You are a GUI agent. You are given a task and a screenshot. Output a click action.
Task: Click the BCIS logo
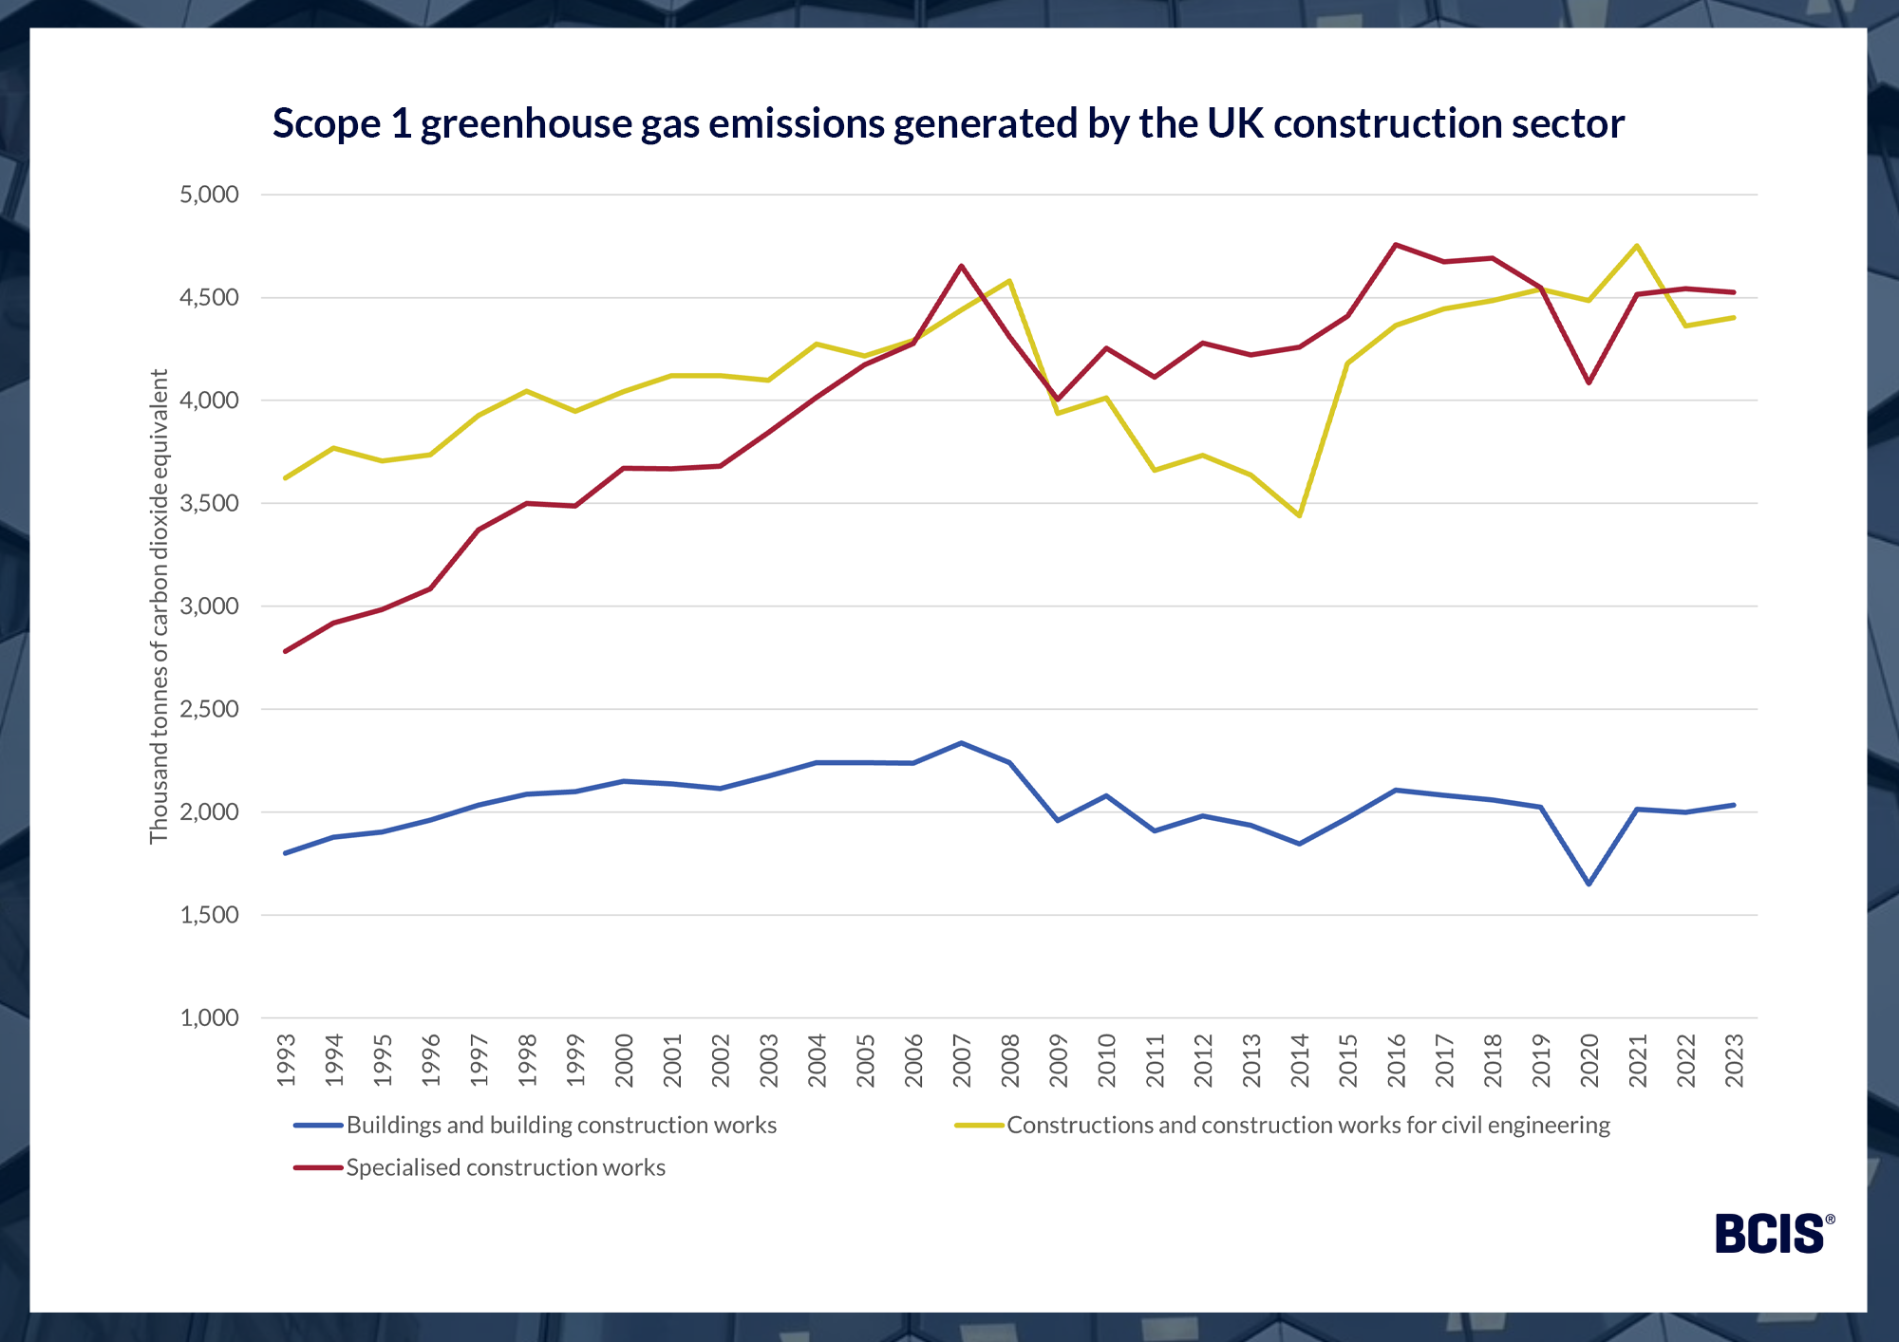(x=1773, y=1234)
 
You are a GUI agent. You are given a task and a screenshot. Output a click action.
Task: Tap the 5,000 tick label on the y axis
(x=209, y=195)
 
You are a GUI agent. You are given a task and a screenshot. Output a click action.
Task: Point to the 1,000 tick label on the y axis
(x=209, y=1017)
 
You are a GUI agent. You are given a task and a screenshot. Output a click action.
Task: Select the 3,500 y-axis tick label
(x=209, y=503)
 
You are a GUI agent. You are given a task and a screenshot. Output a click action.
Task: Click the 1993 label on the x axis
(x=286, y=1060)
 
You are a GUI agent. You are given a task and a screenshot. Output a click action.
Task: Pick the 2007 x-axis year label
(x=962, y=1060)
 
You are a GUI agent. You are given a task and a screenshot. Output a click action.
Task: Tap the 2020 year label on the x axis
(x=1589, y=1060)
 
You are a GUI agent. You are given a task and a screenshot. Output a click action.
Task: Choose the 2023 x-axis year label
(x=1734, y=1060)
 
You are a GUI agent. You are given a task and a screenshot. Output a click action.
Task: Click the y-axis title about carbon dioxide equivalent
(x=159, y=606)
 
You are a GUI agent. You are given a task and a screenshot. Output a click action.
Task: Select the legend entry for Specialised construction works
(x=504, y=1167)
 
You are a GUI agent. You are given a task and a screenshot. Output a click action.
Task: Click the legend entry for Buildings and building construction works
(x=560, y=1125)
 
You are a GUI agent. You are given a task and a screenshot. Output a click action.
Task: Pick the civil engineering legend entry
(x=1307, y=1125)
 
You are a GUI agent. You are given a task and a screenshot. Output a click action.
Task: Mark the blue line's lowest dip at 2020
(x=1589, y=884)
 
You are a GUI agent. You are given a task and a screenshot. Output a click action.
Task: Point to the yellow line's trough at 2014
(x=1299, y=515)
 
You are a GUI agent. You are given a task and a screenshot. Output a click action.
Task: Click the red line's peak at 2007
(x=962, y=266)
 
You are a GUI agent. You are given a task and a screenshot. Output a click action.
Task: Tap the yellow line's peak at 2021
(x=1637, y=246)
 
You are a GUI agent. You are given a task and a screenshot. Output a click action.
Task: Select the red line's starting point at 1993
(x=286, y=651)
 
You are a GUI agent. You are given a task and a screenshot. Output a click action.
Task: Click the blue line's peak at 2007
(x=962, y=743)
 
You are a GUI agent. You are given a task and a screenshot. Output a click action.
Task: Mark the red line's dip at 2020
(x=1589, y=382)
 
